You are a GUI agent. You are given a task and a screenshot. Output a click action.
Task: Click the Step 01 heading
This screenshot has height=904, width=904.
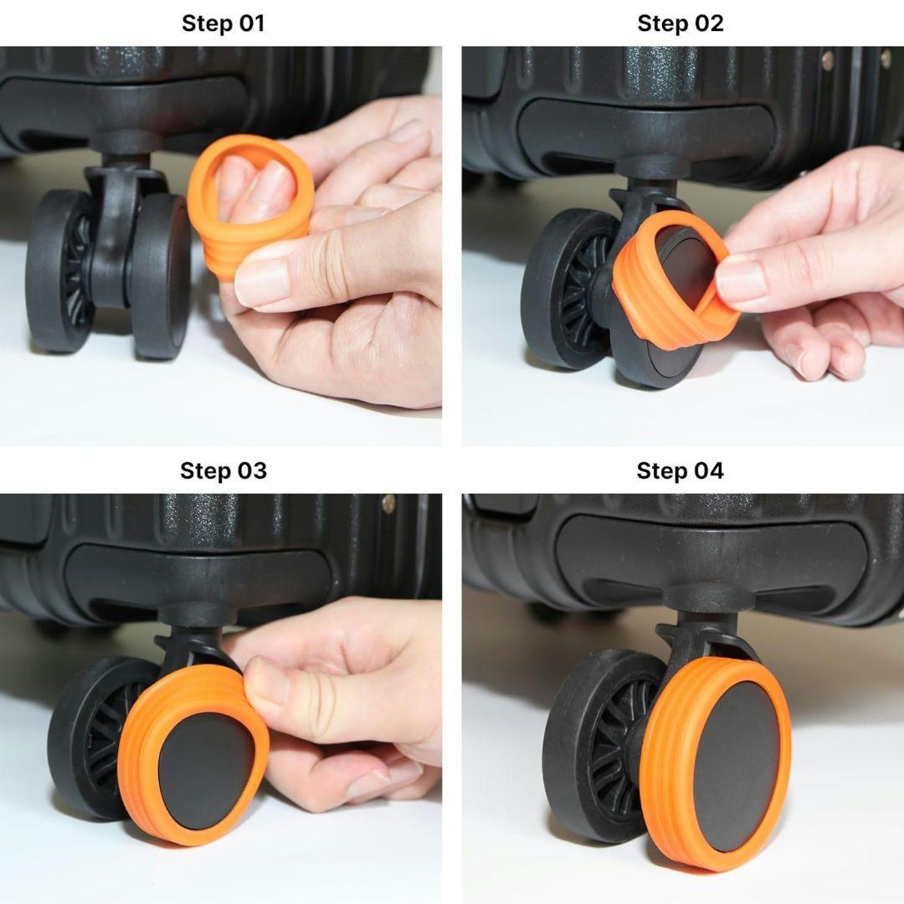[223, 23]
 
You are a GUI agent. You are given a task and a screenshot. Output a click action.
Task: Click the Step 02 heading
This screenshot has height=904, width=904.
[681, 23]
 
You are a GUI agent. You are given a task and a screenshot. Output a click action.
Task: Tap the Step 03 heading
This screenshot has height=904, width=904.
[223, 470]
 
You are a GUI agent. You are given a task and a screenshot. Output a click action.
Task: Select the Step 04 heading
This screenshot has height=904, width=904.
[680, 470]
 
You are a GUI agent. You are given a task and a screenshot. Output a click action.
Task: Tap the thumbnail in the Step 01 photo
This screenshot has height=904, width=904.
[263, 283]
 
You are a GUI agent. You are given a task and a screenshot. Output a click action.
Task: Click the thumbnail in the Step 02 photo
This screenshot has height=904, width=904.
[742, 277]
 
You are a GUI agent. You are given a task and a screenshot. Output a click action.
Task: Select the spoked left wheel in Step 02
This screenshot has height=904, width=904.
[568, 288]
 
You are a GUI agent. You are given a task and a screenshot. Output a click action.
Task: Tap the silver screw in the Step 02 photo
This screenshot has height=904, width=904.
[828, 59]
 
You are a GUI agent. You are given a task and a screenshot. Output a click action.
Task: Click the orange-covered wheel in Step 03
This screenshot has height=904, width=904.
[193, 755]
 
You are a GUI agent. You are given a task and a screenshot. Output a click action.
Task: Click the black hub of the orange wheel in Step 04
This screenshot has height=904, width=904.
[728, 767]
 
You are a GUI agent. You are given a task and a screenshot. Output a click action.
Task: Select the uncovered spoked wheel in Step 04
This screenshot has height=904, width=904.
[599, 744]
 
